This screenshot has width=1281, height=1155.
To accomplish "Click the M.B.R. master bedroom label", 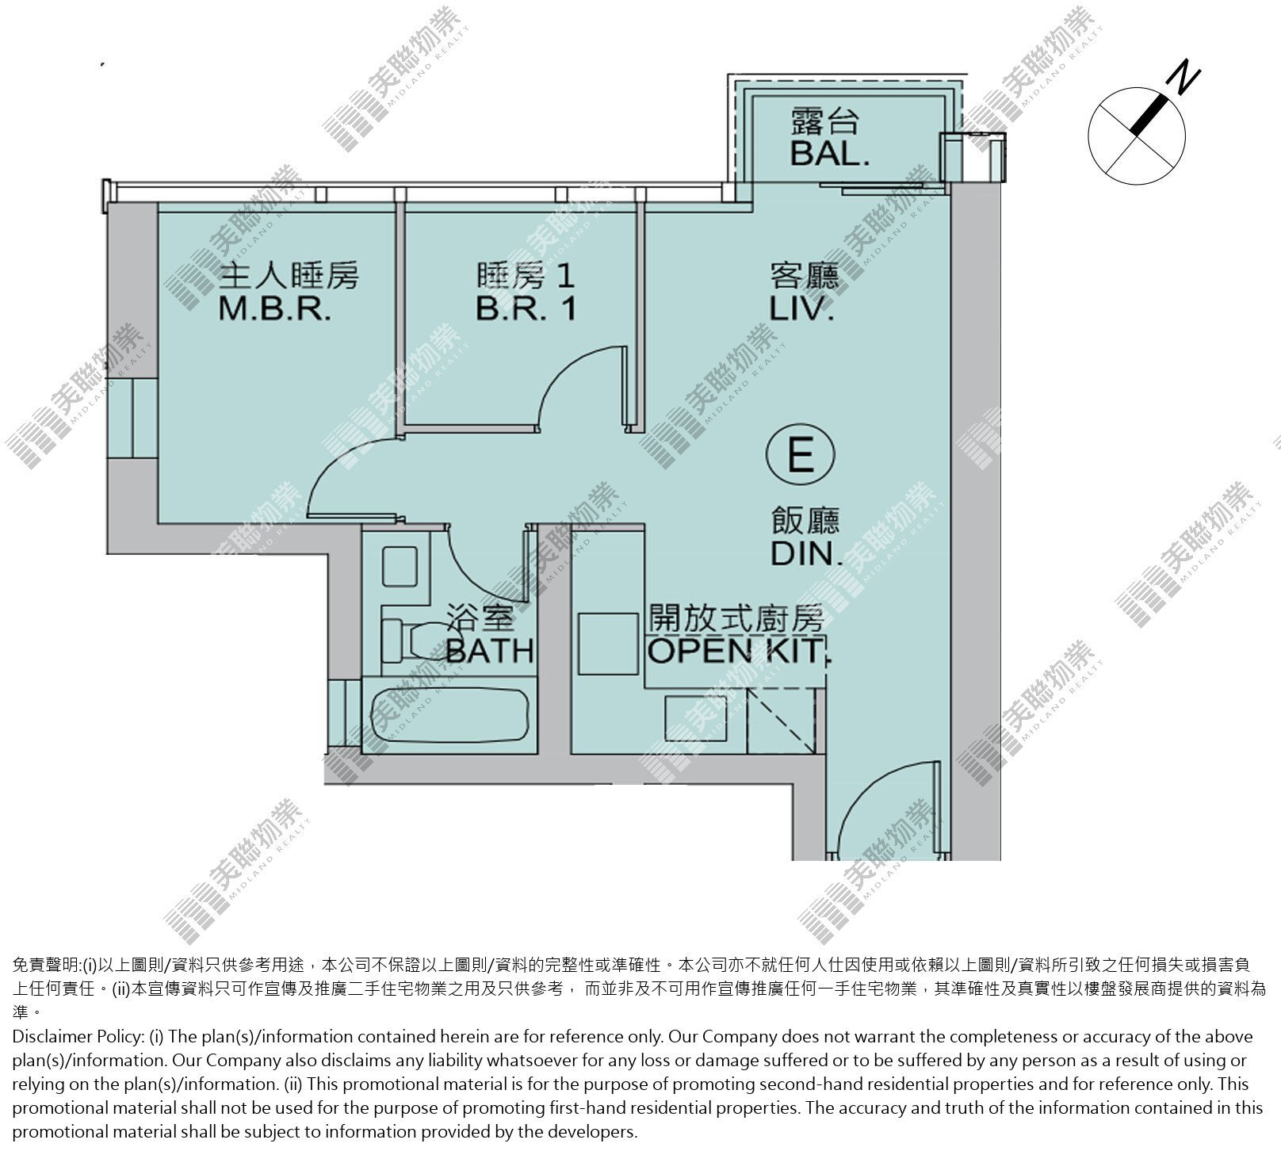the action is pyautogui.click(x=274, y=308).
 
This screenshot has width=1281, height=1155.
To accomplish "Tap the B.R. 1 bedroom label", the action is pyautogui.click(x=526, y=308).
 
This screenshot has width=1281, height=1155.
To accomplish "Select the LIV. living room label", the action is pyautogui.click(x=802, y=308).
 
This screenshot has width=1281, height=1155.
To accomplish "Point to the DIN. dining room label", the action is pyautogui.click(x=805, y=554).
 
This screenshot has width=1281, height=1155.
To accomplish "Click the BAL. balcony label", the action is pyautogui.click(x=829, y=153).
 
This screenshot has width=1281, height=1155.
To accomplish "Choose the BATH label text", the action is pyautogui.click(x=490, y=651).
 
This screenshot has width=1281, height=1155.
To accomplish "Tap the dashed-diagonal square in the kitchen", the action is pyautogui.click(x=782, y=720).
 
